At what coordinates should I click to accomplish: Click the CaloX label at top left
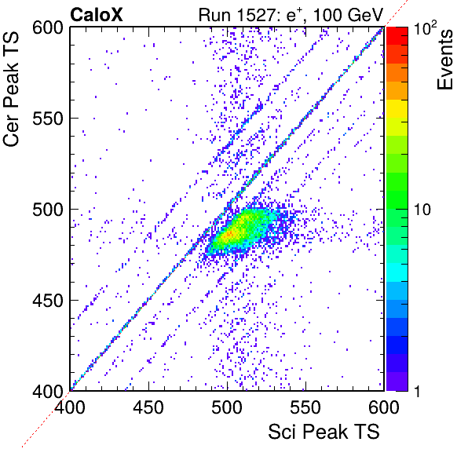click(97, 15)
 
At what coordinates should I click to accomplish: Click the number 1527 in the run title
click(256, 15)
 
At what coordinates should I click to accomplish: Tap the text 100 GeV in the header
click(348, 15)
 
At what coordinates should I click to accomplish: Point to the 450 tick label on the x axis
click(148, 407)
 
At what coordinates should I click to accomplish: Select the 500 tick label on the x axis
click(227, 407)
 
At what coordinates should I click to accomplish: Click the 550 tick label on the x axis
click(305, 407)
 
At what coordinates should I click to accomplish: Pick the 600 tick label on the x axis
click(384, 407)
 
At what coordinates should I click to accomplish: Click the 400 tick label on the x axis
click(70, 407)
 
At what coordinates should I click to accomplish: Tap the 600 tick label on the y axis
click(48, 28)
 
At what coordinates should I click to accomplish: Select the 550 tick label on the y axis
click(48, 119)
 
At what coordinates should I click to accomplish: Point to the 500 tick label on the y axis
click(48, 210)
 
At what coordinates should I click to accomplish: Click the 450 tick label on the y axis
click(48, 301)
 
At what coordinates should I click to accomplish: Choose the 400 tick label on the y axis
click(48, 391)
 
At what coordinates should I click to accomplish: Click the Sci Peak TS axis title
click(324, 432)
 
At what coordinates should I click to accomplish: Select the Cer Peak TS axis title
click(11, 89)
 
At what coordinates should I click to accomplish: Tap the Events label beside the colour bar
click(445, 60)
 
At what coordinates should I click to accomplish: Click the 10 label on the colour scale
click(422, 210)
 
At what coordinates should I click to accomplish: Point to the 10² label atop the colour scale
click(425, 27)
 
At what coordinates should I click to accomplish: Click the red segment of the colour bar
click(397, 36)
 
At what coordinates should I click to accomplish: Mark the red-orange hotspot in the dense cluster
click(229, 234)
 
